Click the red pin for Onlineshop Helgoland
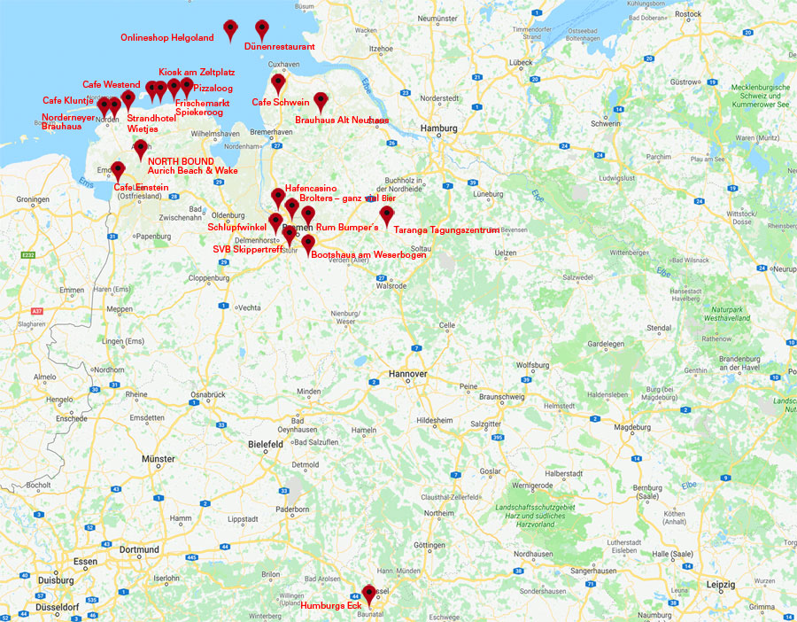pos(230,28)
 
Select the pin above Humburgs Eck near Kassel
pos(368,592)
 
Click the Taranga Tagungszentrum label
pos(446,229)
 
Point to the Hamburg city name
pos(439,128)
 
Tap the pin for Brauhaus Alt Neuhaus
pos(321,102)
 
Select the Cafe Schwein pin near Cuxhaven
pos(279,83)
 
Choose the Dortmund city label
pos(139,549)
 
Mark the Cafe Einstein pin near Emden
pos(118,169)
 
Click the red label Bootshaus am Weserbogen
pos(369,255)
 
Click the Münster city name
pos(159,459)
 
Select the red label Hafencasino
pos(310,189)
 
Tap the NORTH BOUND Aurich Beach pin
pos(140,149)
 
